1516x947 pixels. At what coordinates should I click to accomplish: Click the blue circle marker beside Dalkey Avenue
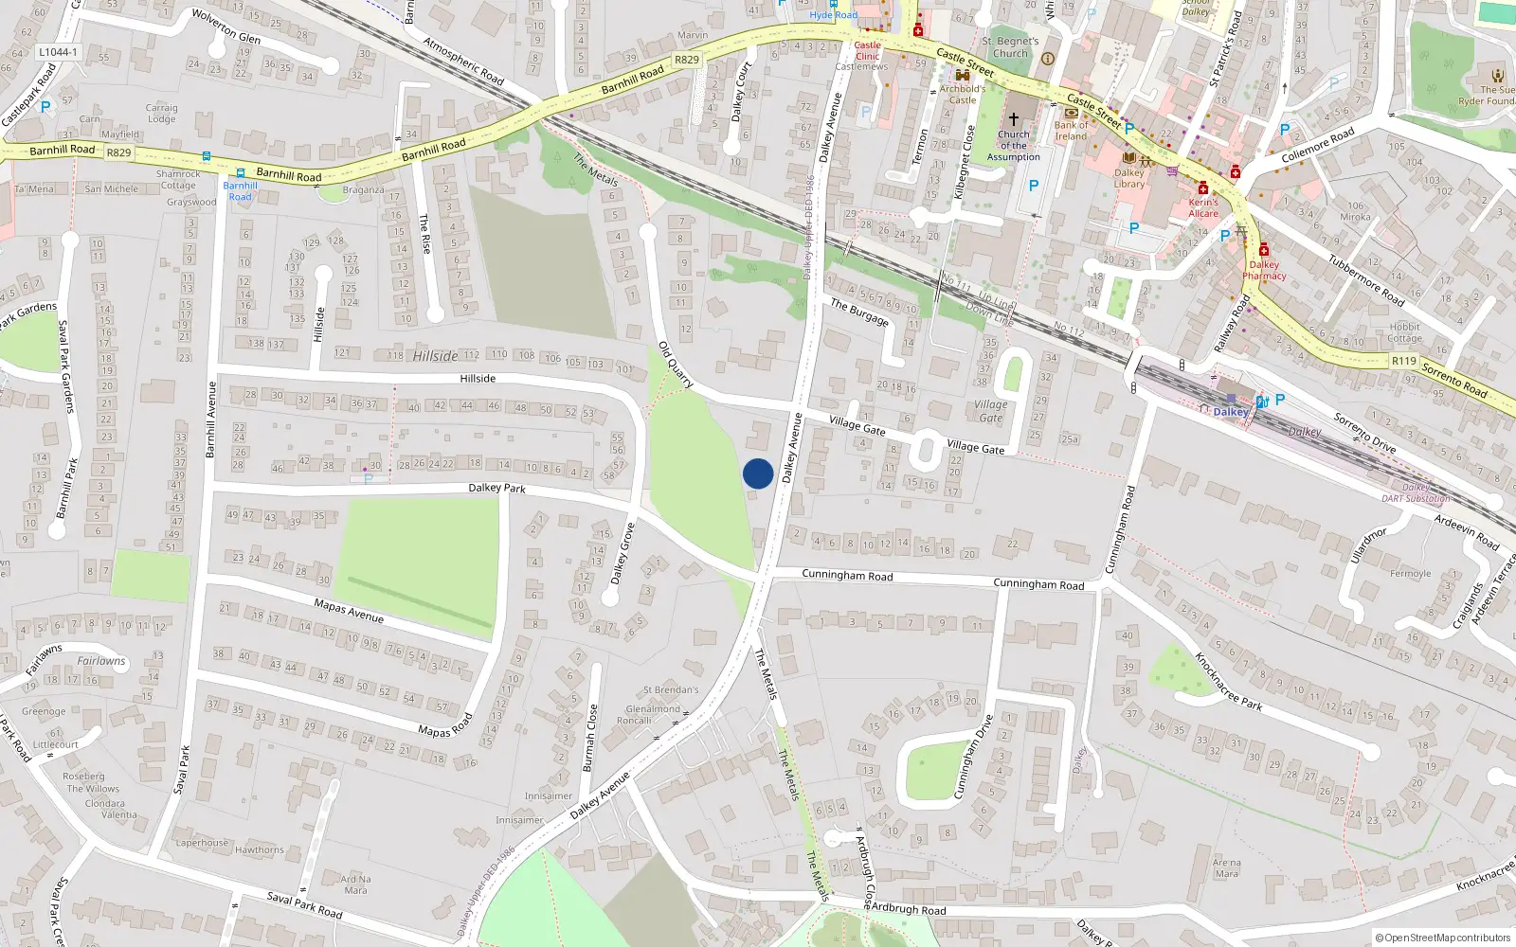[x=758, y=473]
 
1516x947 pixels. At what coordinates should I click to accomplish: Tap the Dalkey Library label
[x=1128, y=178]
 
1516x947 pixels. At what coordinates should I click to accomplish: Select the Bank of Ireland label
[x=1071, y=131]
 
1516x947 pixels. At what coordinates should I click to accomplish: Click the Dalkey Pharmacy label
[x=1264, y=271]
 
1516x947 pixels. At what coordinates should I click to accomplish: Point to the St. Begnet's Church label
[x=1010, y=47]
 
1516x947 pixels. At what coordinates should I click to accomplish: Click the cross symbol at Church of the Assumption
[x=1013, y=119]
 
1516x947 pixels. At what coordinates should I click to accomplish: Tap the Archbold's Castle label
[x=963, y=94]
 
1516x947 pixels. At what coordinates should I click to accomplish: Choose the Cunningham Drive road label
[x=973, y=757]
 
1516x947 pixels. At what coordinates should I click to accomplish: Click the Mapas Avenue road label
[x=349, y=611]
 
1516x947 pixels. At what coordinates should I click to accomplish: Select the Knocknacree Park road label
[x=1228, y=682]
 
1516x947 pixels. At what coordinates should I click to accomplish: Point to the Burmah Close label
[x=589, y=738]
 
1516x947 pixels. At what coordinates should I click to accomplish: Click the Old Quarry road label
[x=676, y=365]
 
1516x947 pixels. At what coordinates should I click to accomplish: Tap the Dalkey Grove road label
[x=623, y=553]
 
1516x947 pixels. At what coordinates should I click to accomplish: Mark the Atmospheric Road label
[x=463, y=61]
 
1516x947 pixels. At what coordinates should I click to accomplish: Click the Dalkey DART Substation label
[x=1416, y=493]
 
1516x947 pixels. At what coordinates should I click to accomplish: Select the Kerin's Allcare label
[x=1203, y=207]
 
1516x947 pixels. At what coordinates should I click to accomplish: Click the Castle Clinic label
[x=867, y=50]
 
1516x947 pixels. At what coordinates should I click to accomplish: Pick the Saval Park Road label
[x=304, y=904]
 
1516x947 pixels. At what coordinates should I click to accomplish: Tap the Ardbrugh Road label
[x=908, y=909]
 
